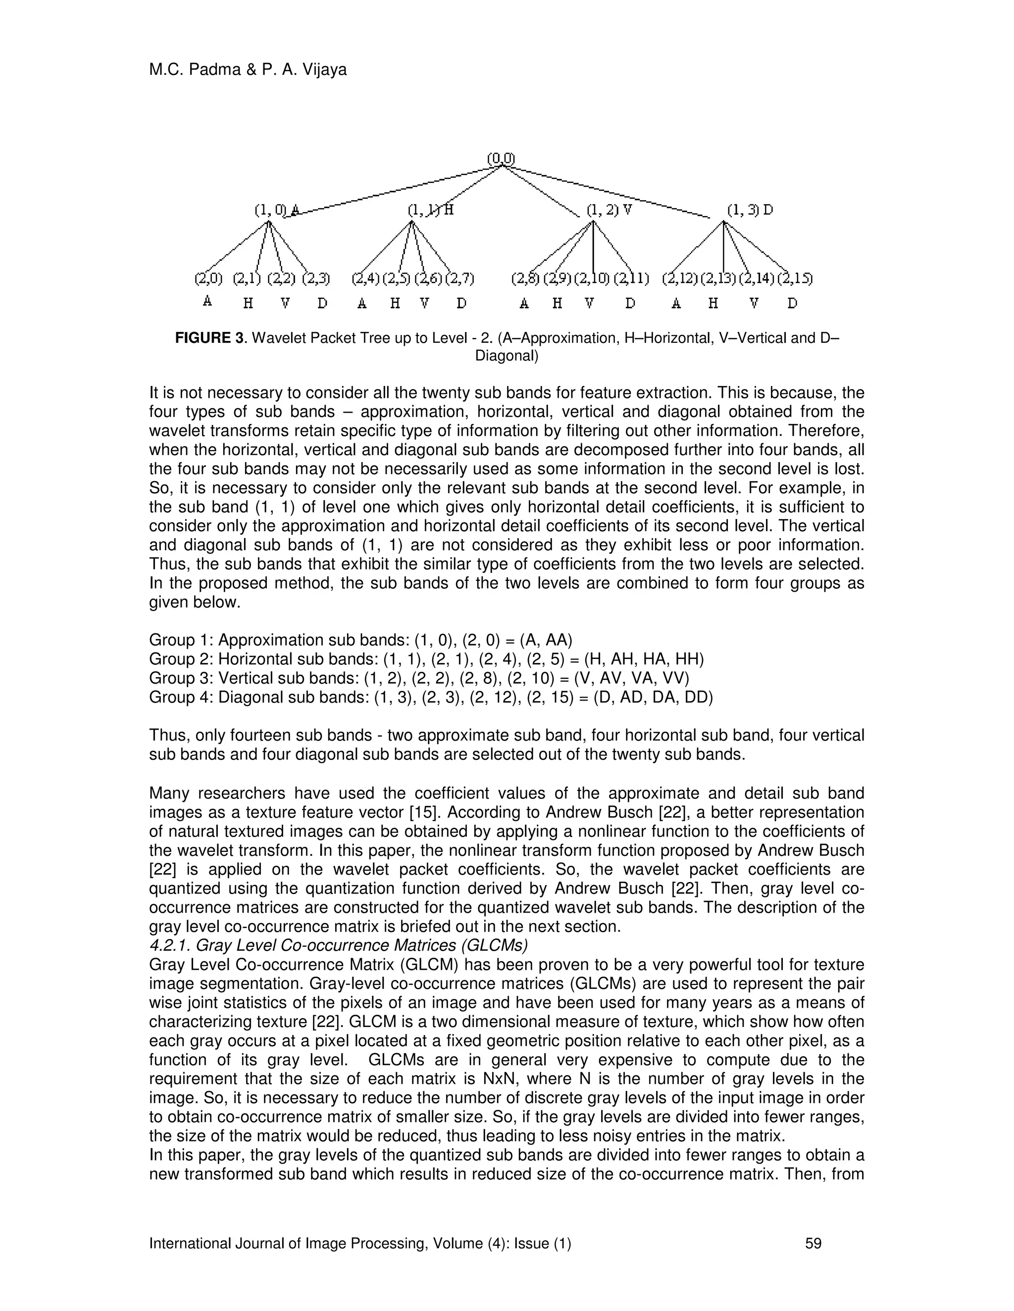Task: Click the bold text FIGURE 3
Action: [209, 338]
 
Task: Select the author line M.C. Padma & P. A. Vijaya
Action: [248, 70]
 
